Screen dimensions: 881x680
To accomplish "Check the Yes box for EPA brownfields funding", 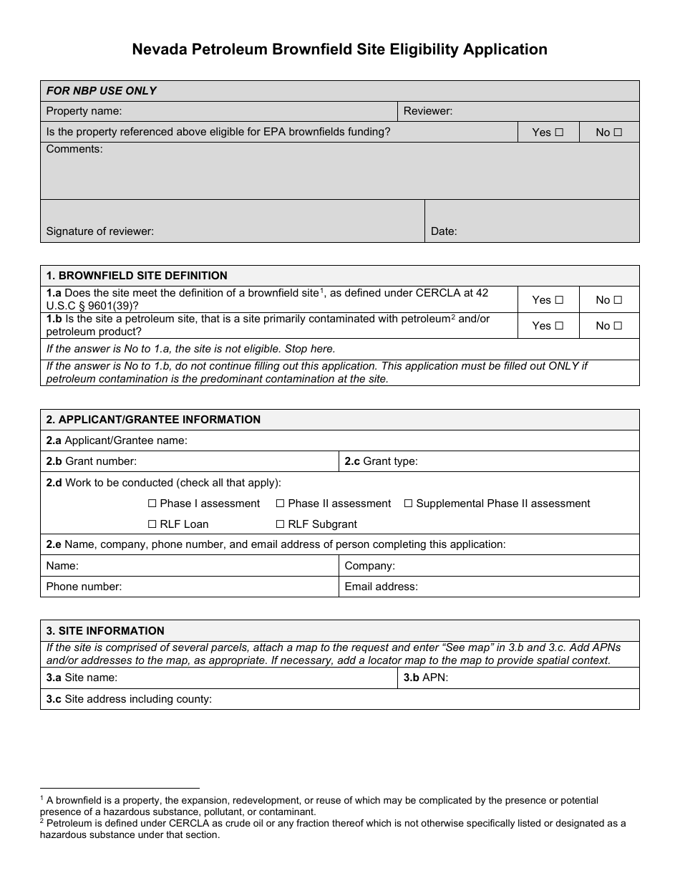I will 559,133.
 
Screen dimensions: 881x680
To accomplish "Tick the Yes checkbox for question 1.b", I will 559,326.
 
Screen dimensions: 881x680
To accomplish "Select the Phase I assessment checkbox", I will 152,504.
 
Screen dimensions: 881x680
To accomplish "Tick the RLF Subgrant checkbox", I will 280,524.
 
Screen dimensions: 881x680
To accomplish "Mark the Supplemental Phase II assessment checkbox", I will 408,504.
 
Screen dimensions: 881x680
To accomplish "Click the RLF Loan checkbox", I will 152,524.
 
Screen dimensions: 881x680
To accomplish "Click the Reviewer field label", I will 427,111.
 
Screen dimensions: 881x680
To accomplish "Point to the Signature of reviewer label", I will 99,231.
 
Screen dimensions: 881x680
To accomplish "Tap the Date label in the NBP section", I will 443,231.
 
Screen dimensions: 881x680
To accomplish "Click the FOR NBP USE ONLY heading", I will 101,91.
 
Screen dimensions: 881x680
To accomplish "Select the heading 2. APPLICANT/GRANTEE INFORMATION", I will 153,420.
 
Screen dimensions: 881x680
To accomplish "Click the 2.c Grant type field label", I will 381,461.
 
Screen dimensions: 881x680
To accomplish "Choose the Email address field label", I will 381,587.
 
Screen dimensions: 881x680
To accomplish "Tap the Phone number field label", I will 84,587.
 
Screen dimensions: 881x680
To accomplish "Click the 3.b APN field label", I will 425,678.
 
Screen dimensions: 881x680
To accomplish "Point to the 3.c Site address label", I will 129,699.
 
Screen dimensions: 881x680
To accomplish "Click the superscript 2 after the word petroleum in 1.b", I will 453,317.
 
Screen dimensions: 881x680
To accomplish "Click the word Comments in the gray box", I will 74,149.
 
